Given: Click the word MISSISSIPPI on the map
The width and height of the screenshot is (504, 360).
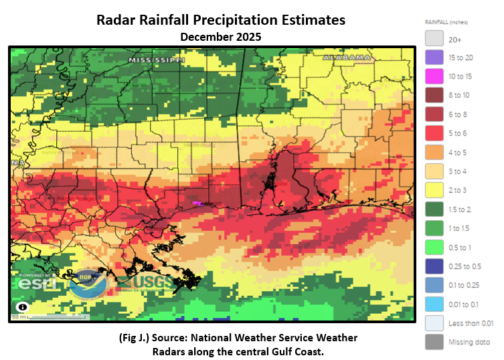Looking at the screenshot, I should pos(157,60).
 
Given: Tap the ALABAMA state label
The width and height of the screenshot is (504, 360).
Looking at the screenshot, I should pos(347,58).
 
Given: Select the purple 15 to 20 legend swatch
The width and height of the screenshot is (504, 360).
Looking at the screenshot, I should pos(434,58).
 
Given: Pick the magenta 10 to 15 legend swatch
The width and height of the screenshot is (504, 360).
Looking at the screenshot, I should pos(434,77).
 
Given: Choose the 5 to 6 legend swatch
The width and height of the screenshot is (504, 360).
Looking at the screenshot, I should pos(434,133).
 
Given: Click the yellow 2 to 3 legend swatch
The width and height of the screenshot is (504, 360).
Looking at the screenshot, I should pos(434,190).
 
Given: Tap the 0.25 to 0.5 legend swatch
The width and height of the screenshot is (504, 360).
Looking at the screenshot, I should pos(434,266).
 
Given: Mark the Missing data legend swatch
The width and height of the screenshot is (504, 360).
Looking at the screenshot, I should pos(434,341).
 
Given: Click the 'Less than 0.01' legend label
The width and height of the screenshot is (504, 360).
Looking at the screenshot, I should pos(471,323).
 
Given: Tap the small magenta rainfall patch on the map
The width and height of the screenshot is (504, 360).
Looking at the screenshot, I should pos(197,202).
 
